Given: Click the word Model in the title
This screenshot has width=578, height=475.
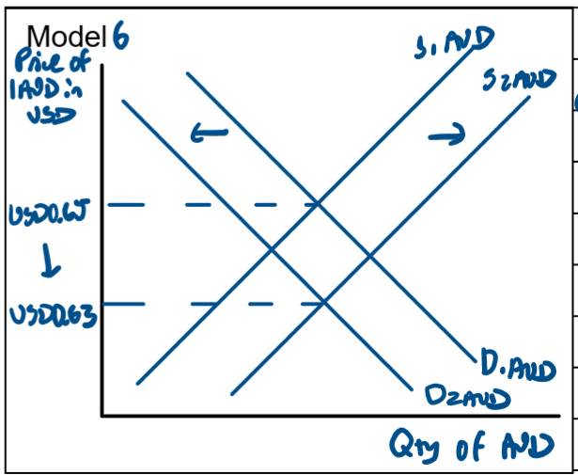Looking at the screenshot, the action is (x=69, y=37).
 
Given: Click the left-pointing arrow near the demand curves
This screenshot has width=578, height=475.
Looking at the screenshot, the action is (x=209, y=135).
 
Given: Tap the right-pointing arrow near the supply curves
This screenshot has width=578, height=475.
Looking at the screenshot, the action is (x=445, y=136).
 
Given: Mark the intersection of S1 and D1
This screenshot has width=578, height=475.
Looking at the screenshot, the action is (x=317, y=203).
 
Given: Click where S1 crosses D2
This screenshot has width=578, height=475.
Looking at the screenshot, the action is (x=273, y=250).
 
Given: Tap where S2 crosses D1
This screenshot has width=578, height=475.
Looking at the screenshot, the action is (x=368, y=255).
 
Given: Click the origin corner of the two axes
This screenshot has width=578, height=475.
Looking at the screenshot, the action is (x=102, y=415).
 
